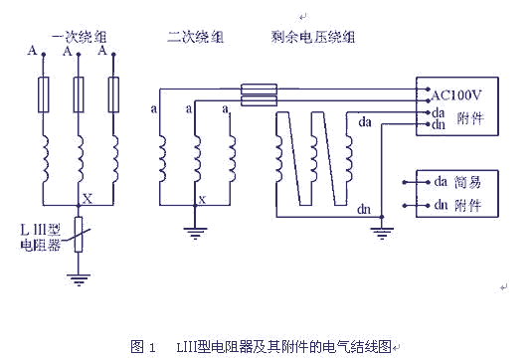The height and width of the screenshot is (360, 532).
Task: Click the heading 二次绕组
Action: pyautogui.click(x=196, y=37)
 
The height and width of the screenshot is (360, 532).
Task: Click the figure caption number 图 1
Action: pyautogui.click(x=144, y=346)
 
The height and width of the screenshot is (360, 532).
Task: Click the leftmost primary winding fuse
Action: pyautogui.click(x=43, y=97)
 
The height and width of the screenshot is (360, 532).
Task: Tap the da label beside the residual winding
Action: pyautogui.click(x=364, y=122)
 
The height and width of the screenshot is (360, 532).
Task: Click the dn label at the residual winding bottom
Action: pyautogui.click(x=364, y=210)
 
